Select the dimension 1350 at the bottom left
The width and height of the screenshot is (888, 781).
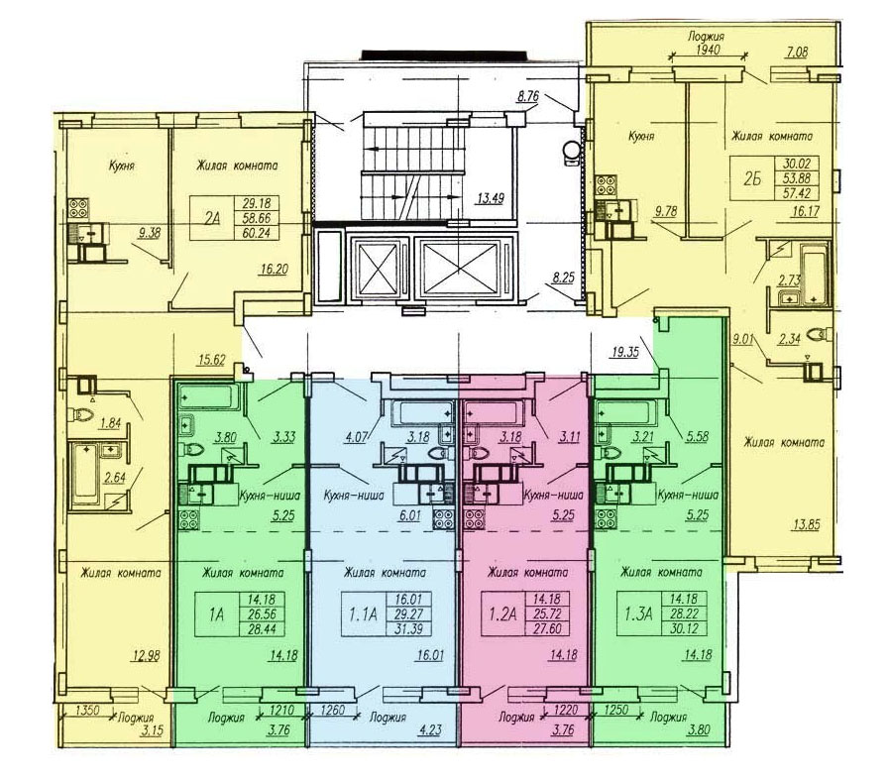pyautogui.click(x=89, y=710)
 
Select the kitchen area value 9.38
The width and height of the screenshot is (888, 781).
pyautogui.click(x=151, y=233)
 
